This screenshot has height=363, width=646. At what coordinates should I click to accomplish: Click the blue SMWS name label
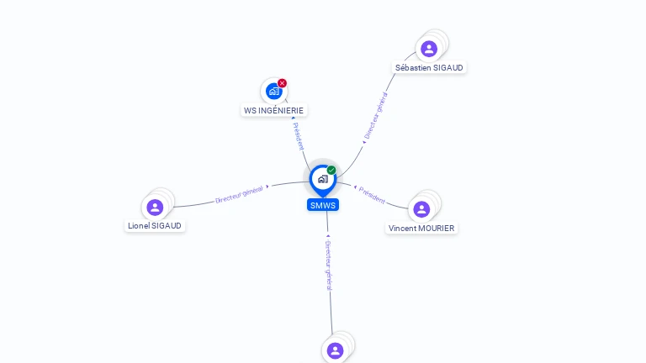[x=323, y=205]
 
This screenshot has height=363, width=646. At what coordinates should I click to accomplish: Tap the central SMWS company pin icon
[x=322, y=179]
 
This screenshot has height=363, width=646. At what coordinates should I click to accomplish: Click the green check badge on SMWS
[x=331, y=171]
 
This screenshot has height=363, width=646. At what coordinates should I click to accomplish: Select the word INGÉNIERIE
[x=281, y=110]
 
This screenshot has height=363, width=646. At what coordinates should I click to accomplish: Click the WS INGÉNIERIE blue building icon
[x=273, y=91]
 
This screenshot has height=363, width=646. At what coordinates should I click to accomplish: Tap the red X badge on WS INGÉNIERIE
[x=282, y=83]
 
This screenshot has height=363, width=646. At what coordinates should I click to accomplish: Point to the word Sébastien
[x=413, y=67]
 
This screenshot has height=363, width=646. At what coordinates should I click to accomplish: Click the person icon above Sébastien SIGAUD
[x=429, y=49]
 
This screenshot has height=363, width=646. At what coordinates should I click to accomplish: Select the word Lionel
[x=139, y=225]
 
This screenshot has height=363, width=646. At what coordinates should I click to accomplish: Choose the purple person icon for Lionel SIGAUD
[x=155, y=207]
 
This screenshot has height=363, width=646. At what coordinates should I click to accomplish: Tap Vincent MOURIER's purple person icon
[x=421, y=209]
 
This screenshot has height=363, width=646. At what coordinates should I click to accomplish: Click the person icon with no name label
[x=335, y=350]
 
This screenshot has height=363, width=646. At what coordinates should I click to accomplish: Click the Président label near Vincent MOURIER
[x=372, y=195]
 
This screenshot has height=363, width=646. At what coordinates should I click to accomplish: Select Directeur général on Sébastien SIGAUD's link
[x=375, y=116]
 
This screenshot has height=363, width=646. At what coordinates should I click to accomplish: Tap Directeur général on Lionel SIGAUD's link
[x=240, y=194]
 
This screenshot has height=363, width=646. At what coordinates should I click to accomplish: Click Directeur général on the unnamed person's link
[x=328, y=265]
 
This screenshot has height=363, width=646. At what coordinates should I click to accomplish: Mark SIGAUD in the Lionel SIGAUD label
[x=167, y=225]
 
